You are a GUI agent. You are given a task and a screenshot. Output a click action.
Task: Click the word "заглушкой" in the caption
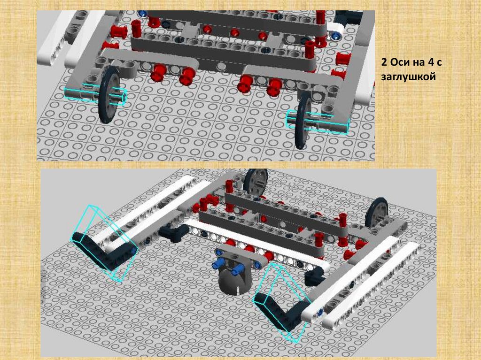click(409, 76)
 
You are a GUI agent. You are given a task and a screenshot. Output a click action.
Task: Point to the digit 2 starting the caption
click(384, 62)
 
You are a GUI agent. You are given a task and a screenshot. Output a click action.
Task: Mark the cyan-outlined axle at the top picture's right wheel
click(318, 122)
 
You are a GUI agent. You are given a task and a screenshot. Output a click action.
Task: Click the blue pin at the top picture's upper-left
click(142, 14)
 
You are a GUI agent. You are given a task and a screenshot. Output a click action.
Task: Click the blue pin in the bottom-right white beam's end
click(320, 313)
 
